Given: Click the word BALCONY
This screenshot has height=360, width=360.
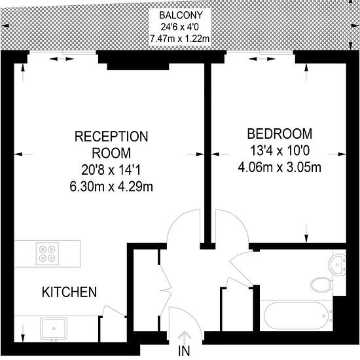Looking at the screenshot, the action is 181,16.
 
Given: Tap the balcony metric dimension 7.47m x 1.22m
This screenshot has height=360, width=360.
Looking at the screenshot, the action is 180,39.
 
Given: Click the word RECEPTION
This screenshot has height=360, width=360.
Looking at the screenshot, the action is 111,136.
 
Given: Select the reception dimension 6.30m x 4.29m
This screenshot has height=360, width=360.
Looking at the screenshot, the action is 111,187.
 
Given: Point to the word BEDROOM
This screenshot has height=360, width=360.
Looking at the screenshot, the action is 279,134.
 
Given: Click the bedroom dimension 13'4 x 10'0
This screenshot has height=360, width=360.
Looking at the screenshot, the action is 279,151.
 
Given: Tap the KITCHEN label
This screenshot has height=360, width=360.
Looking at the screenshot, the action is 69,292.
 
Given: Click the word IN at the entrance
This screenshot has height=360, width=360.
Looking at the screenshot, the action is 184,351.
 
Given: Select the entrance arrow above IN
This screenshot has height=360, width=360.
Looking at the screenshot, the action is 185,338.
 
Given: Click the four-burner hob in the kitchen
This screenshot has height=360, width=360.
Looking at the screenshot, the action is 47,254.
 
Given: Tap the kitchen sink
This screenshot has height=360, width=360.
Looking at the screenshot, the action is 54,329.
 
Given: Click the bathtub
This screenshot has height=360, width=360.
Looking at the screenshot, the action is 297,316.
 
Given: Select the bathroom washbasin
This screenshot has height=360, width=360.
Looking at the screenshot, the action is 337,264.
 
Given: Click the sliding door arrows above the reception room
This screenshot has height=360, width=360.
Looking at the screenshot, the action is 62,59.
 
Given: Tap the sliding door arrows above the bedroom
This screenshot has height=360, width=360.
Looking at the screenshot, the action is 262,59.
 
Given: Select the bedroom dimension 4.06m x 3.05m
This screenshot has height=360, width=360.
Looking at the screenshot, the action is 279,168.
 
